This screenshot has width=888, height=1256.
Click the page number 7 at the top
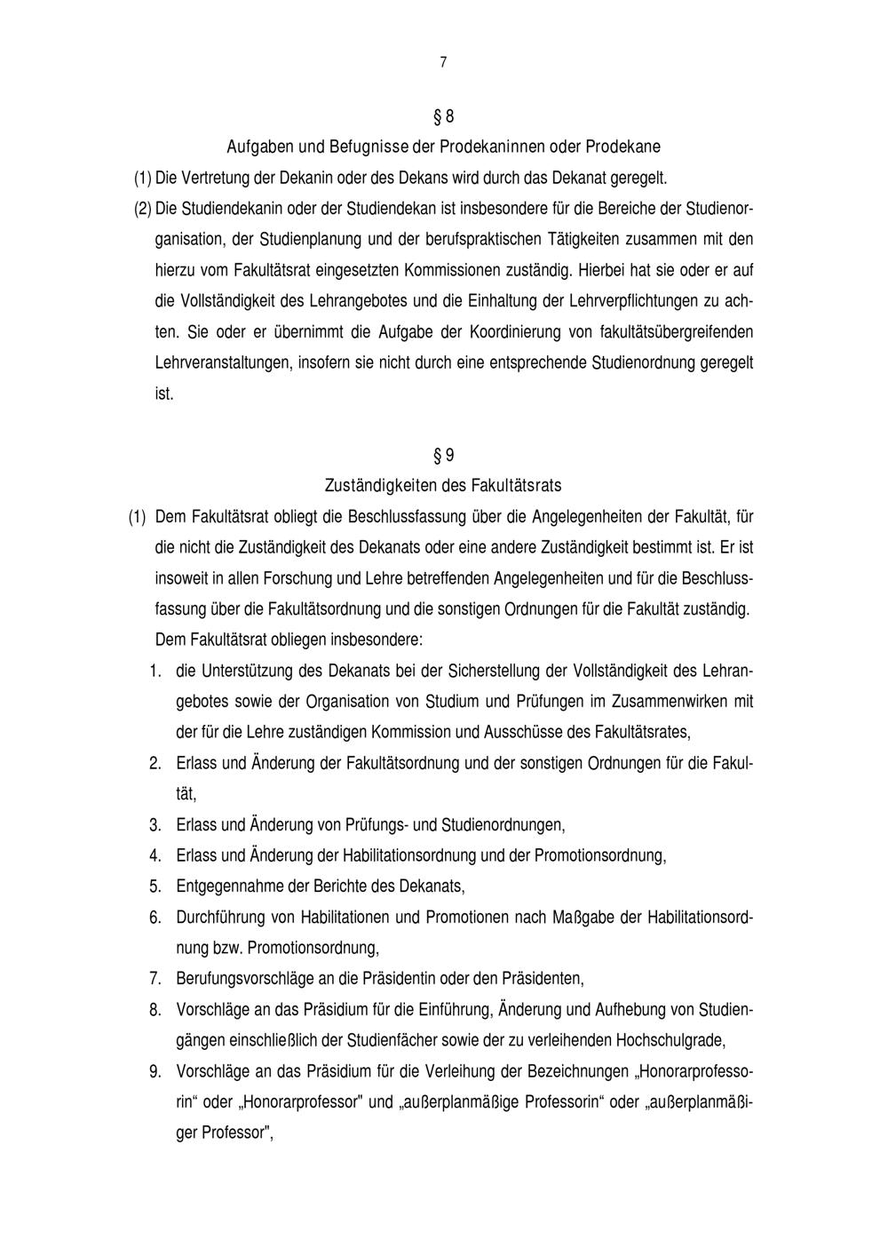click(443, 62)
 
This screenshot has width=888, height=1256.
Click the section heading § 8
click(443, 117)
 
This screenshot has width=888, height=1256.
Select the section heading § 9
click(443, 456)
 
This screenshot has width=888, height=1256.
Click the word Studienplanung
click(312, 239)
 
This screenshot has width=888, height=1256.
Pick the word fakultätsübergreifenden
click(678, 332)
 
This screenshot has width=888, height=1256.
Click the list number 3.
click(155, 825)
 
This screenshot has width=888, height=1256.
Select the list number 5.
click(155, 886)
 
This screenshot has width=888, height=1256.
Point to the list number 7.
click(155, 979)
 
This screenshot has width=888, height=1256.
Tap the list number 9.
click(155, 1071)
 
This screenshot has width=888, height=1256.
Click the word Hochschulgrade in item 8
click(670, 1040)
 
